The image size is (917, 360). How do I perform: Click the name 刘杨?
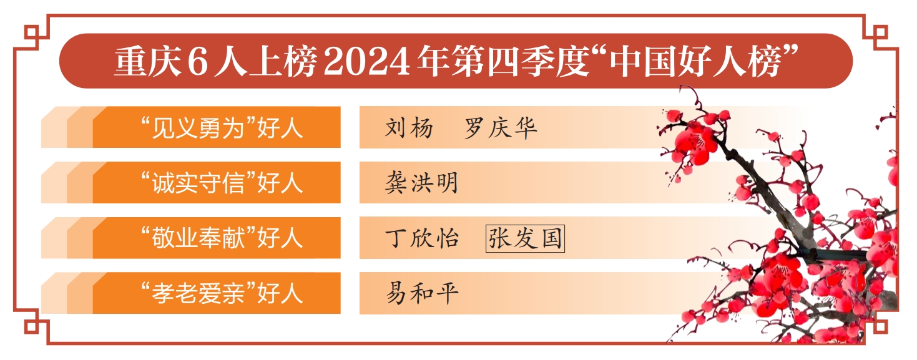[x=409, y=128]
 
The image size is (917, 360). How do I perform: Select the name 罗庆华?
[x=501, y=128]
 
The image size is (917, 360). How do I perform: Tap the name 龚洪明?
[x=421, y=182]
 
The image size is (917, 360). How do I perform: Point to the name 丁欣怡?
[x=421, y=238]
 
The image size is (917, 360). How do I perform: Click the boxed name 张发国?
[x=525, y=238]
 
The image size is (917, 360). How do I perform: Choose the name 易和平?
[x=421, y=293]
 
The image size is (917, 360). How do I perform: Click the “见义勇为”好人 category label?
[x=222, y=128]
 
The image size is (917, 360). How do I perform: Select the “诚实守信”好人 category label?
[x=222, y=182]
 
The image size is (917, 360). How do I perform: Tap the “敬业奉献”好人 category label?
[x=222, y=238]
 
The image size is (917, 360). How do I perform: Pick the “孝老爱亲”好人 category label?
[x=222, y=293]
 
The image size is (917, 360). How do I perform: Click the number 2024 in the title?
[x=367, y=62]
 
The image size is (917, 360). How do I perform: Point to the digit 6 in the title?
[x=198, y=62]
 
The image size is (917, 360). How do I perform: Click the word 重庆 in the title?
[x=148, y=61]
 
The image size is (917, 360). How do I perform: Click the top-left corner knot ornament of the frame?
[x=31, y=32]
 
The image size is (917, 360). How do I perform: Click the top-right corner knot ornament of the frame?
[x=880, y=32]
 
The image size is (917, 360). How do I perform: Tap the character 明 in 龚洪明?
[x=447, y=182]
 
